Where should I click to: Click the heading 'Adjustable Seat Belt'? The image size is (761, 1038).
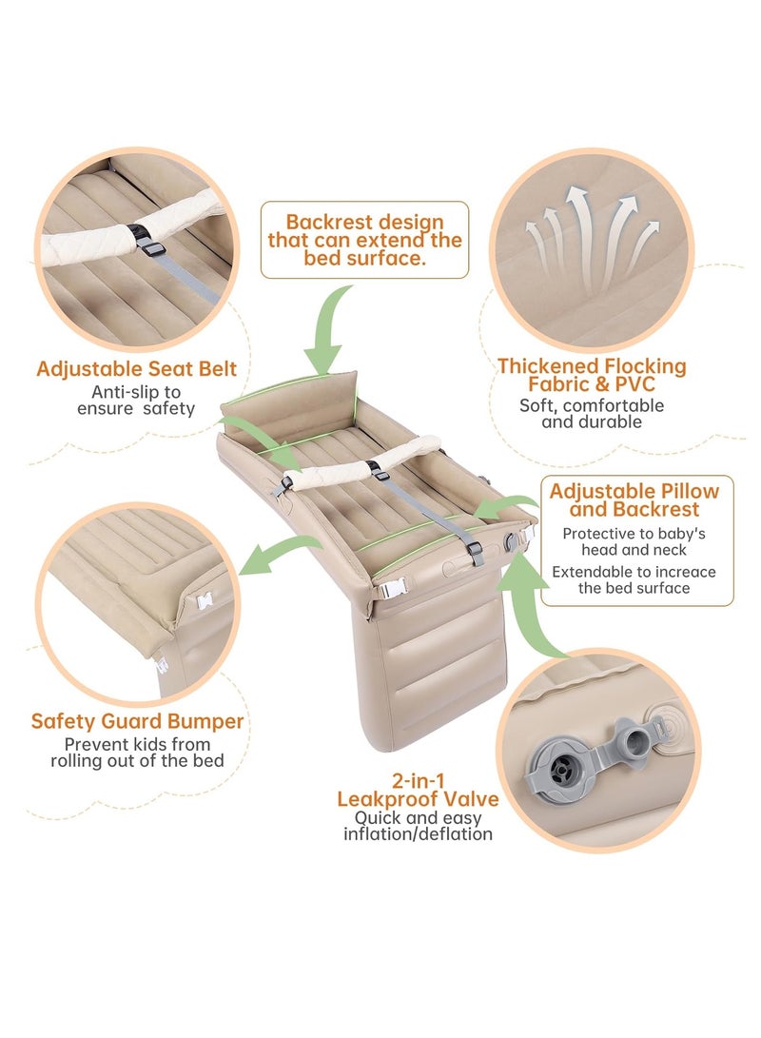[x=136, y=369]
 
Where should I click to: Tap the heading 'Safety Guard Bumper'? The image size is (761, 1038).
[x=138, y=721]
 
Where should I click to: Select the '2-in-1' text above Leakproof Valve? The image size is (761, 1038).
[x=418, y=780]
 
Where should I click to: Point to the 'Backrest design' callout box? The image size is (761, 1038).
[x=364, y=240]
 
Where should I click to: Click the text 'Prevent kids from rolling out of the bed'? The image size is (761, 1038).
[x=138, y=753]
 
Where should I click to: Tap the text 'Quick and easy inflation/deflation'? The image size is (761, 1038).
[x=418, y=826]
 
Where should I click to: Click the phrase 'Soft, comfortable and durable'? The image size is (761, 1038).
[x=592, y=414]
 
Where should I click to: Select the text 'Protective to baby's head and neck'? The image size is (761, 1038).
[x=634, y=541]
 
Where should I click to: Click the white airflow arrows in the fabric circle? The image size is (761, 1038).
[x=591, y=238]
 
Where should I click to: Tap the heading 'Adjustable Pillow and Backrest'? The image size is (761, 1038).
[x=634, y=499]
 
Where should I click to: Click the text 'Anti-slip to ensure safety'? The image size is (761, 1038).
[x=136, y=401]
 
